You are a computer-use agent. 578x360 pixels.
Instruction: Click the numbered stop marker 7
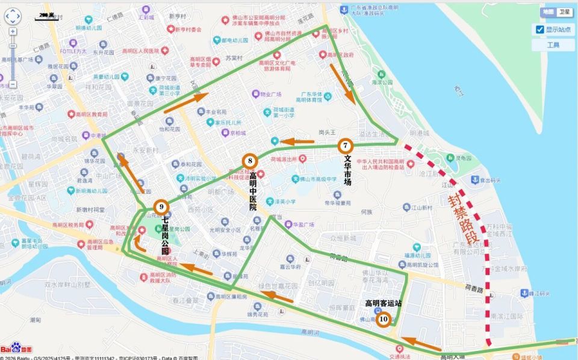point(345,145)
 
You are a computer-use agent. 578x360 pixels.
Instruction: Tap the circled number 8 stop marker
point(250,161)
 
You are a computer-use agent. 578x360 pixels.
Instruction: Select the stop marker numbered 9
point(161,207)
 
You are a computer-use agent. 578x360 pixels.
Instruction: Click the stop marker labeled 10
point(383,320)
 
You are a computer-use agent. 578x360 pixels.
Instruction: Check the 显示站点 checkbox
point(540,29)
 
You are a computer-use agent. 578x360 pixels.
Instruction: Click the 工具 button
point(553,45)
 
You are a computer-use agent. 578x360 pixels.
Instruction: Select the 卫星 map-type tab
point(564,12)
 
